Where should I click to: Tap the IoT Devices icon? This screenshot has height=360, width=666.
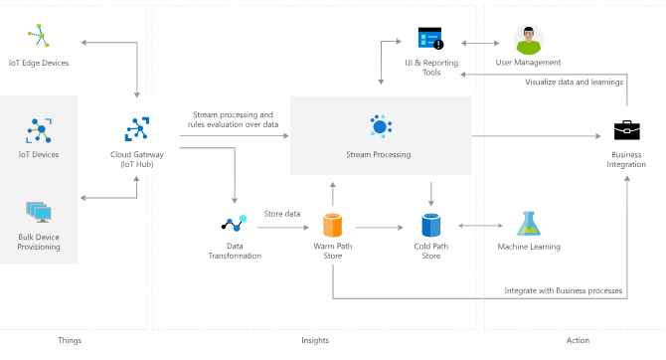pyautogui.click(x=40, y=129)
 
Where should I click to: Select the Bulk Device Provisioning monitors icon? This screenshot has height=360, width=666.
pyautogui.click(x=40, y=211)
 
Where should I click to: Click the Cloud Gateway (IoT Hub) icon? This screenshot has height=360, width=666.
pyautogui.click(x=137, y=129)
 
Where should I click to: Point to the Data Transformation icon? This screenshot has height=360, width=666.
pyautogui.click(x=234, y=225)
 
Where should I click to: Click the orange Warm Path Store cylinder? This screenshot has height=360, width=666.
pyautogui.click(x=332, y=225)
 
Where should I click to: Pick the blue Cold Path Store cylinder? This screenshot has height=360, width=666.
pyautogui.click(x=430, y=225)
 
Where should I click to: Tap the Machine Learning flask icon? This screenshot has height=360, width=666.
pyautogui.click(x=528, y=225)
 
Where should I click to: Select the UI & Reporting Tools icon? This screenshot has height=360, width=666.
pyautogui.click(x=430, y=40)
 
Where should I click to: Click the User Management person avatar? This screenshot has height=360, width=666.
pyautogui.click(x=528, y=40)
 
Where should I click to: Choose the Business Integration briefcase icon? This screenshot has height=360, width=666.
pyautogui.click(x=625, y=130)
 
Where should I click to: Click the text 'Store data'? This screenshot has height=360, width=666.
pyautogui.click(x=281, y=214)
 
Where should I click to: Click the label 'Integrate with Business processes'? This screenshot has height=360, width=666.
pyautogui.click(x=563, y=290)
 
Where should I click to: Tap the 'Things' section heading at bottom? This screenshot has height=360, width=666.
pyautogui.click(x=70, y=340)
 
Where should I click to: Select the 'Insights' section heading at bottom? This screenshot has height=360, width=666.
pyautogui.click(x=314, y=340)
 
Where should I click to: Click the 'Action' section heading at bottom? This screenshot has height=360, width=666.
pyautogui.click(x=577, y=340)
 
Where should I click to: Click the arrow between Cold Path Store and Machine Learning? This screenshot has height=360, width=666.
pyautogui.click(x=479, y=227)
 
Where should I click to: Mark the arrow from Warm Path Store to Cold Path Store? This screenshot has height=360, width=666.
pyautogui.click(x=381, y=227)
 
